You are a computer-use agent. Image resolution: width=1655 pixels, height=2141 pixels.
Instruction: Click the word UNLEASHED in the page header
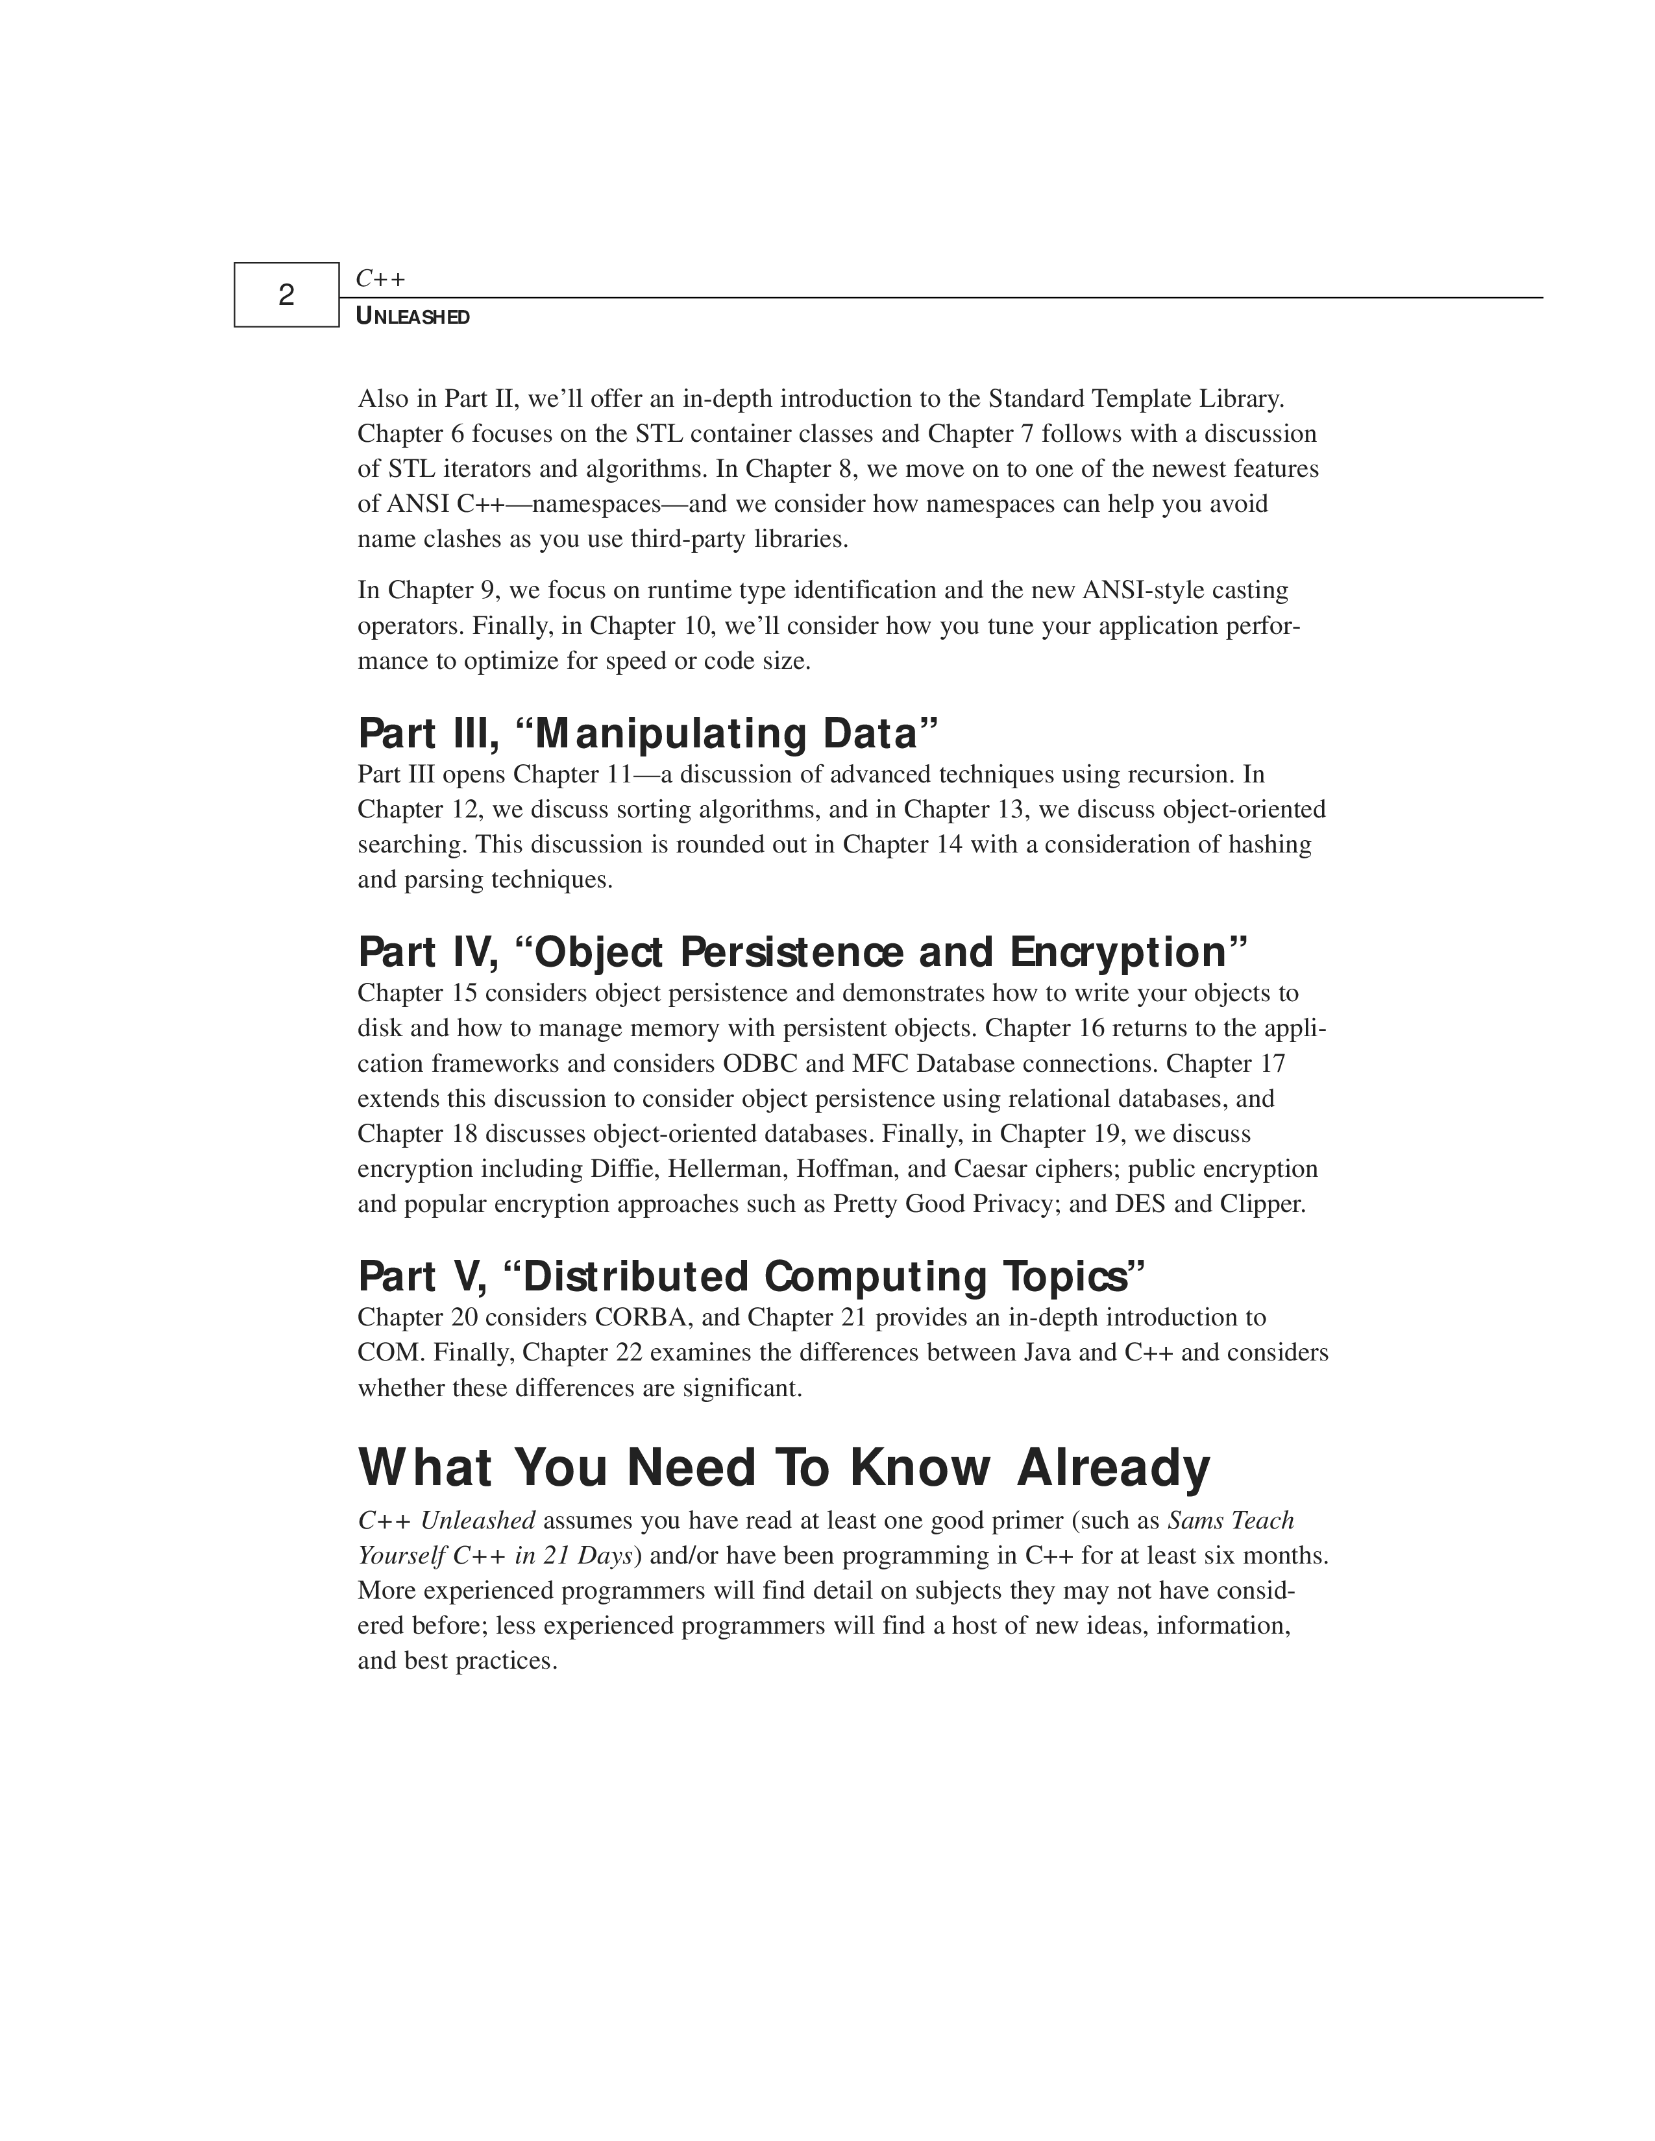[413, 317]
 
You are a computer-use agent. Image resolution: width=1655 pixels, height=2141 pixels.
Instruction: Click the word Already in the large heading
[1113, 1468]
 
